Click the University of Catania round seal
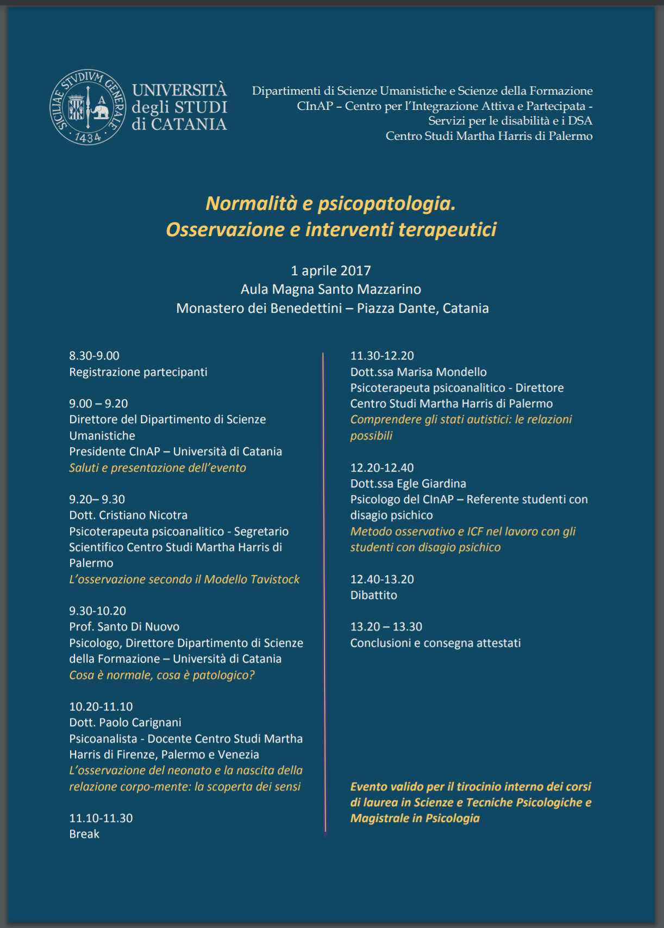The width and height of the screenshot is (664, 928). [87, 107]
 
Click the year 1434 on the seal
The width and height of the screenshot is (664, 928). [87, 138]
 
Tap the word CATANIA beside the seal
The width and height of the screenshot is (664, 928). [189, 125]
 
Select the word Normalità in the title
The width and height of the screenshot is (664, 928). [251, 203]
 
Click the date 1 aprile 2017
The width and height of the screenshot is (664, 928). [331, 271]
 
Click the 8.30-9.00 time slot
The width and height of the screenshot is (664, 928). [94, 356]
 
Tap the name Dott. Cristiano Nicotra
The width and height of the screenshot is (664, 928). [128, 515]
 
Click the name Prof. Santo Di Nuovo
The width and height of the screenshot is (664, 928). [124, 627]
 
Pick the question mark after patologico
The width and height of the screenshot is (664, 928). [252, 675]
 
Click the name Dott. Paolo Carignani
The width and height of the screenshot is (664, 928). [125, 722]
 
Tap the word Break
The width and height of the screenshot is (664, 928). [84, 834]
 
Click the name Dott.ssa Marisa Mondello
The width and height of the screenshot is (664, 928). [418, 372]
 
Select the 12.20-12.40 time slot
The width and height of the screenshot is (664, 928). [382, 468]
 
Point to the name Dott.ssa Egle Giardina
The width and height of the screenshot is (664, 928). [408, 484]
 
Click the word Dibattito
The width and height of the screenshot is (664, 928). [374, 595]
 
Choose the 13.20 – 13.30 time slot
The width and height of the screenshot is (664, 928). [386, 627]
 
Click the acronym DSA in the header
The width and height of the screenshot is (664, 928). [580, 121]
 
